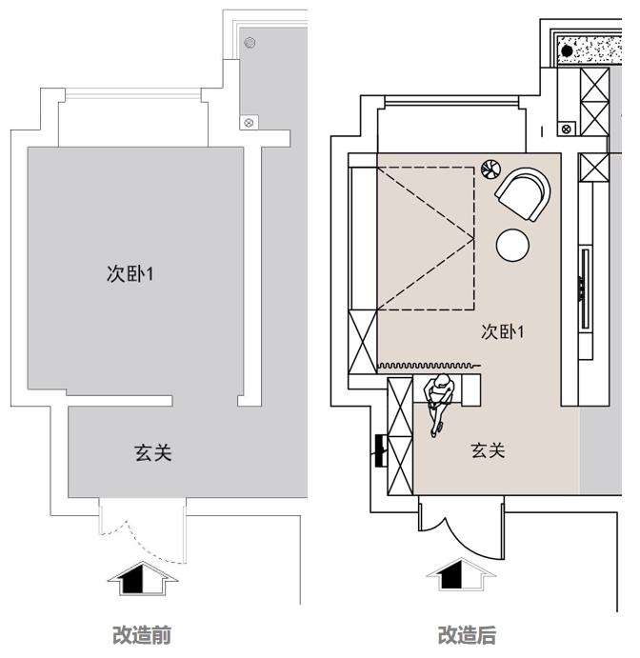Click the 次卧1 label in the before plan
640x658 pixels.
coord(130,274)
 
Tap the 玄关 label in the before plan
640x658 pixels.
coord(153,452)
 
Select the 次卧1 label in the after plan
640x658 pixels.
coord(504,331)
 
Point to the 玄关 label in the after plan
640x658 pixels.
coord(488,449)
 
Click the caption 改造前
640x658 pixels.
coord(142,635)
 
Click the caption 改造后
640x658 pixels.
coord(467,635)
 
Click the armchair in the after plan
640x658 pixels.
coord(523,193)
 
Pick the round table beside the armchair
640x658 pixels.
coord(512,245)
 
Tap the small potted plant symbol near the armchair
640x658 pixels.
coord(490,169)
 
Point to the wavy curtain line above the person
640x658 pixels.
coord(429,365)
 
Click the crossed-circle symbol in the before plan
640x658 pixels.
coord(250,122)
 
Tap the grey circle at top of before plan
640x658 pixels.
coord(250,43)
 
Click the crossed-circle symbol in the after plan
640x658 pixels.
coord(567,128)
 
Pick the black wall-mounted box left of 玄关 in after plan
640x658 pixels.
coord(380,449)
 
